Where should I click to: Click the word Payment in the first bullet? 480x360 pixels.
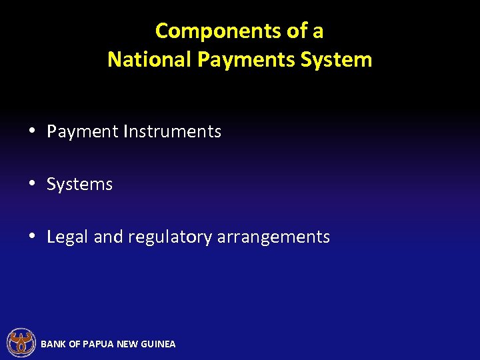[83, 132]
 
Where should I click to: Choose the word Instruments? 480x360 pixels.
[172, 132]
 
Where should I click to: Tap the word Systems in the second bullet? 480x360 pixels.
[79, 185]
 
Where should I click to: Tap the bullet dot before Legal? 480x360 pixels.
[32, 237]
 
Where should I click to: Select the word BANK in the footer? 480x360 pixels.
[53, 344]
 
